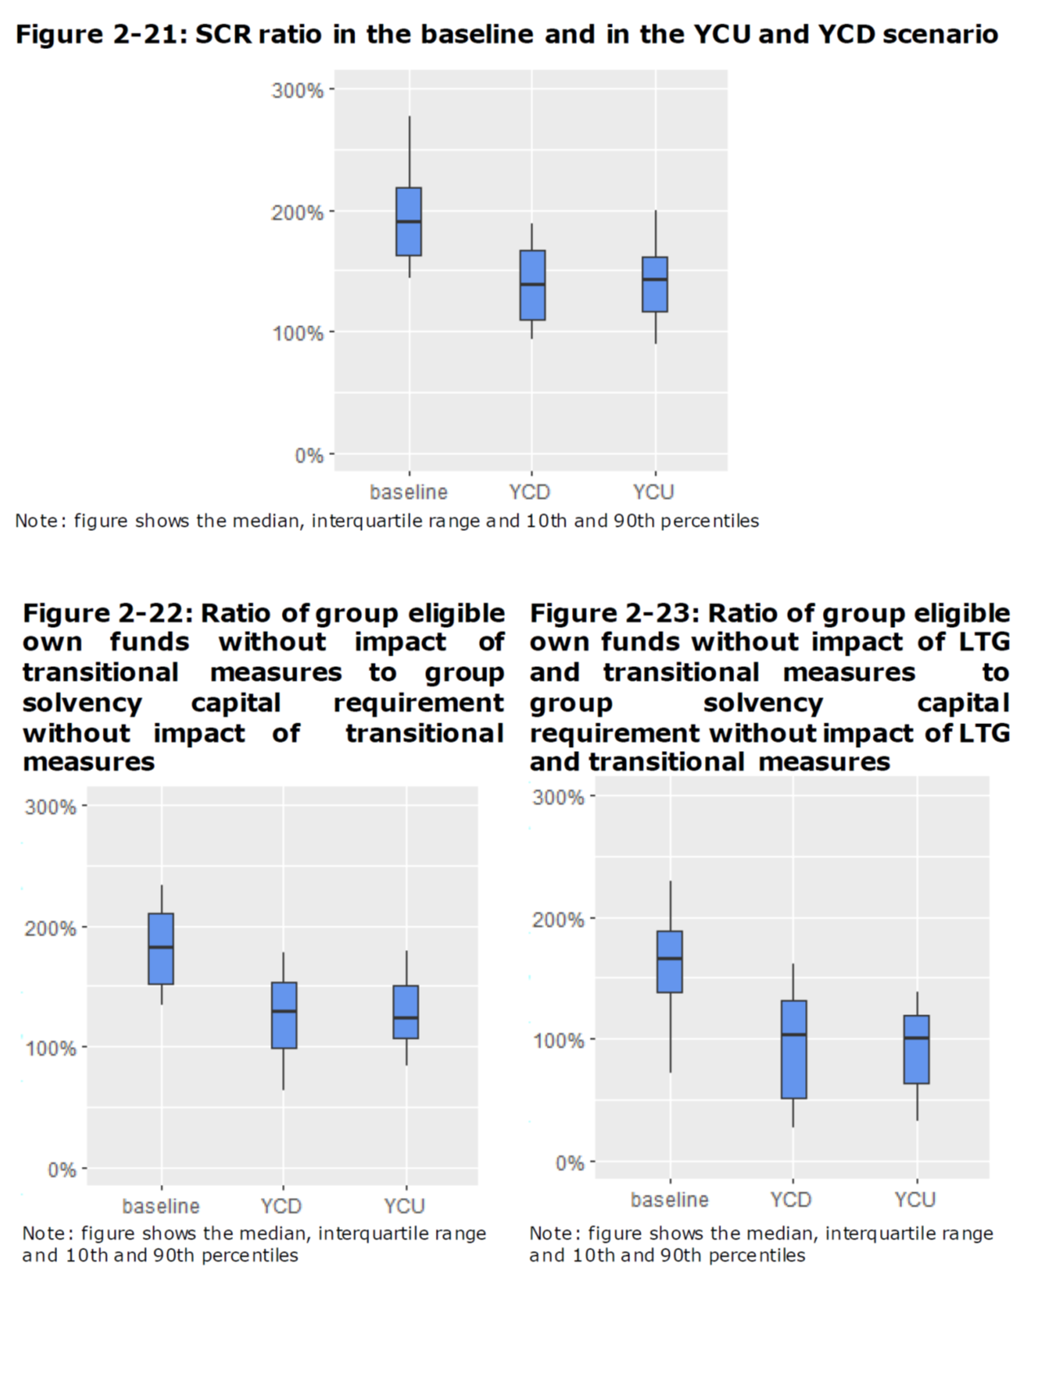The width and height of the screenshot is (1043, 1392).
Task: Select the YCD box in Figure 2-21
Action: tap(532, 285)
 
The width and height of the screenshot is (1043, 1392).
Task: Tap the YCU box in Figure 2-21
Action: tap(655, 285)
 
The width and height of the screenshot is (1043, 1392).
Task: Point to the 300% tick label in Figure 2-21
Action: tap(297, 91)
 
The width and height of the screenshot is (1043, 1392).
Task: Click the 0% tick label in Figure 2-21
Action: tap(309, 455)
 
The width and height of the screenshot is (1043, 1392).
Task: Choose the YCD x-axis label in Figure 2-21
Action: tap(530, 493)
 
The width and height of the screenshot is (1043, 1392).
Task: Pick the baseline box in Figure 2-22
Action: tap(161, 949)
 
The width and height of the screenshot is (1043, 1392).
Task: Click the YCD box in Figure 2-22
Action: tap(284, 1015)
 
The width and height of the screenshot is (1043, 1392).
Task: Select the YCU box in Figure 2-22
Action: tap(406, 1012)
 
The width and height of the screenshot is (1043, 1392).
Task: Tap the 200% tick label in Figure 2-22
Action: tap(51, 928)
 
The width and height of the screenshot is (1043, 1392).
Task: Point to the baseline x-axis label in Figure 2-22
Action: tap(161, 1206)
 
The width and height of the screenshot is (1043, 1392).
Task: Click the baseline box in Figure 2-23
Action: tap(670, 962)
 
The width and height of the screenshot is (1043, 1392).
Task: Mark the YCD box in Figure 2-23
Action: tap(794, 1050)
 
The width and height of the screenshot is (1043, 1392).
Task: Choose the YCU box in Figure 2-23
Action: tap(917, 1050)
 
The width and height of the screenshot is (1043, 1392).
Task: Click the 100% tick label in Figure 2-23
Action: tap(558, 1041)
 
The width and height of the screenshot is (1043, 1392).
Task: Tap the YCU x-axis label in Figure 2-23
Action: tap(914, 1200)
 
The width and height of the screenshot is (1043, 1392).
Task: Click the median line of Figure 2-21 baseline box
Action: tap(408, 221)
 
